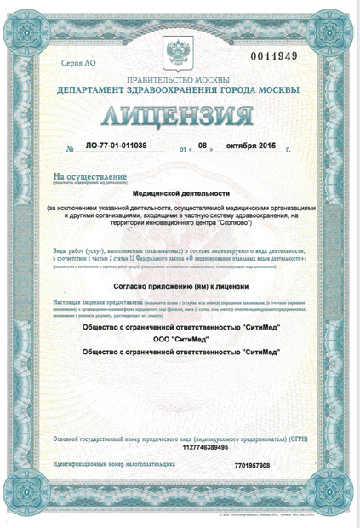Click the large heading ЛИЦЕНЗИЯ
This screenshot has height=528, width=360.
(x=180, y=116)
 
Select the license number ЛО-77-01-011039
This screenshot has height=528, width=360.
(x=111, y=147)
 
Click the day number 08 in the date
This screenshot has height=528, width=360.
(x=203, y=147)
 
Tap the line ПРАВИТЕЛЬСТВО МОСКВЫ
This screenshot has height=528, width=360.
(x=180, y=77)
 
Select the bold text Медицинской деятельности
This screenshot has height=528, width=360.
(x=180, y=194)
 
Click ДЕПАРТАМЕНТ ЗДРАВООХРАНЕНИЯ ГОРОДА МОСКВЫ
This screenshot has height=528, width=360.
(x=180, y=89)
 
